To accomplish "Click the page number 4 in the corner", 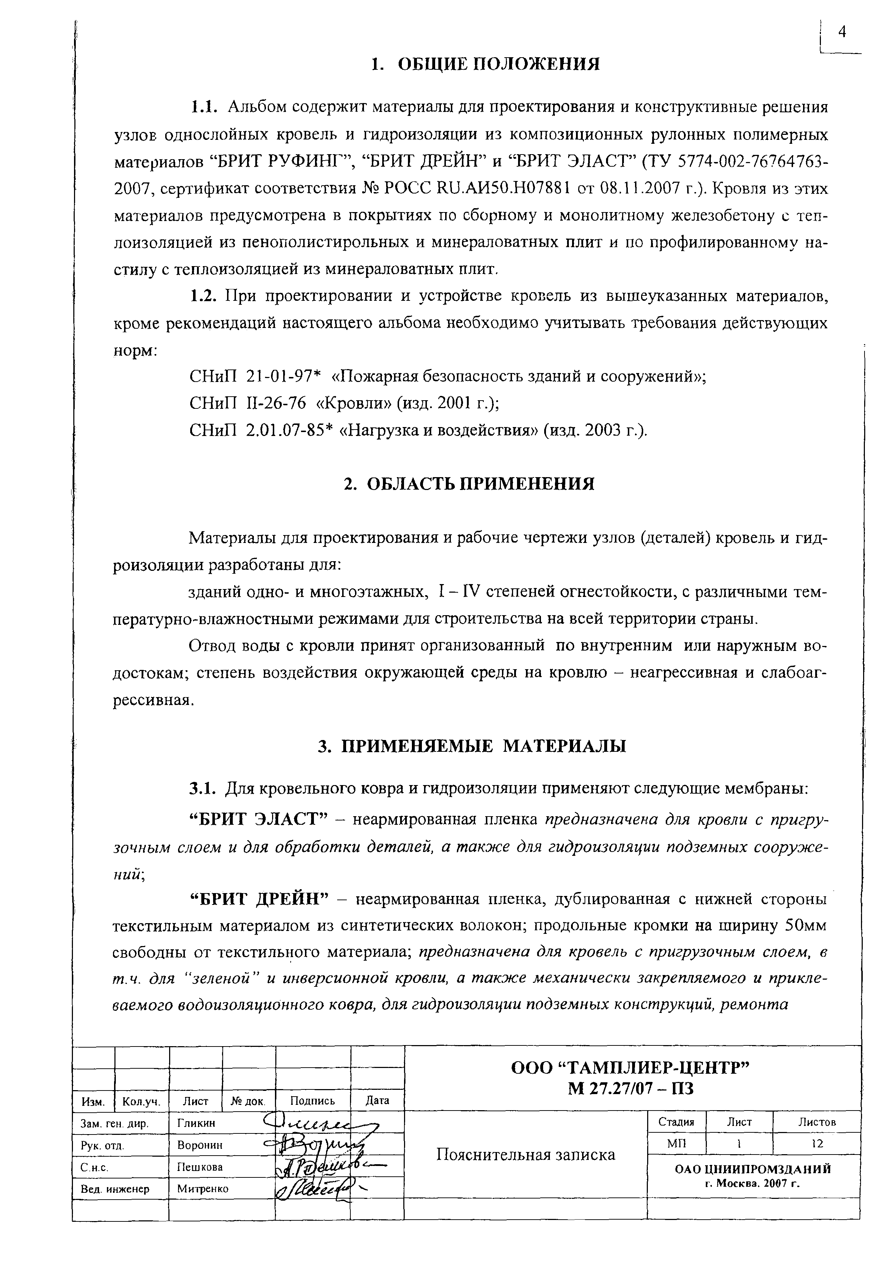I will pyautogui.click(x=841, y=33).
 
